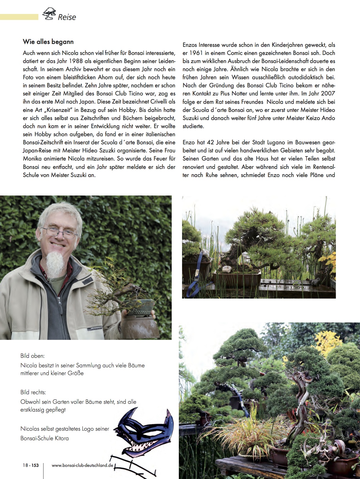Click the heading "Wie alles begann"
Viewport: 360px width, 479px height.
tap(48, 42)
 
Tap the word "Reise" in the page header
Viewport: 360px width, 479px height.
tap(67, 17)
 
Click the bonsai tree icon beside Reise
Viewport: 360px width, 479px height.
tap(49, 14)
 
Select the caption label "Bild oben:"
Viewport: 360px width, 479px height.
tap(32, 356)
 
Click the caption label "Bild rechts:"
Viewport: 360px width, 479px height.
tap(33, 392)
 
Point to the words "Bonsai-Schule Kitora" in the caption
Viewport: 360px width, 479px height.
tap(45, 438)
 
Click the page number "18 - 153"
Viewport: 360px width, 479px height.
tap(31, 465)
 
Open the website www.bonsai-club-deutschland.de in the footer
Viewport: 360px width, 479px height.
tap(82, 465)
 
